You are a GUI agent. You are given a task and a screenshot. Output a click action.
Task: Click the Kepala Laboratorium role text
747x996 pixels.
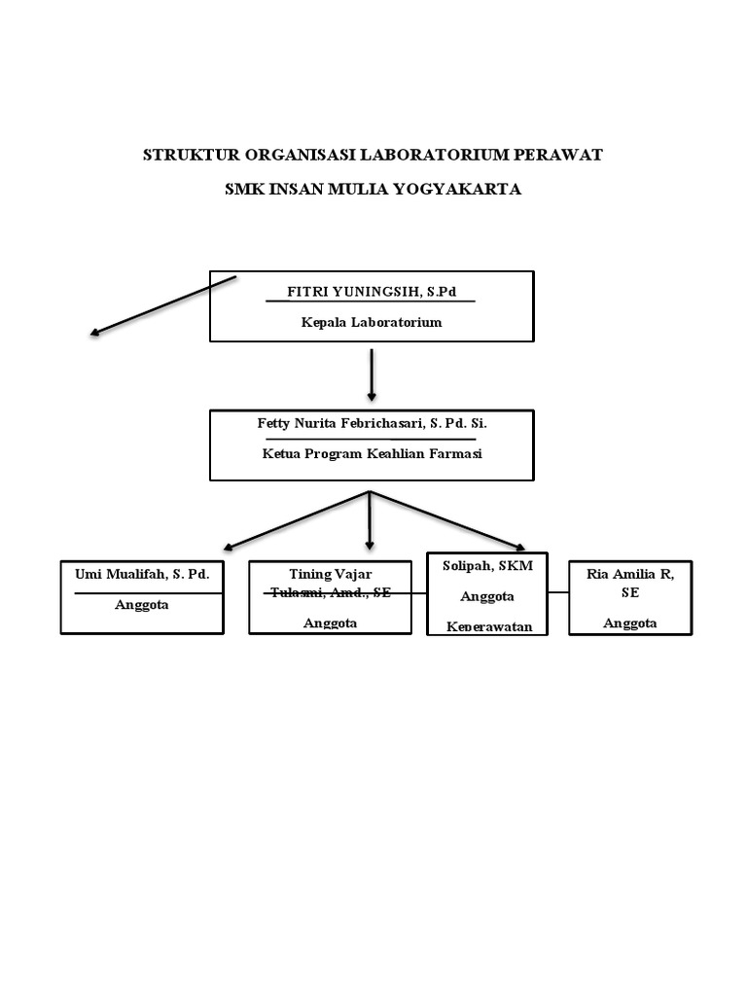click(x=372, y=322)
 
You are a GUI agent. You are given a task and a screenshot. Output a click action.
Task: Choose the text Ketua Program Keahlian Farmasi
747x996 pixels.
click(x=372, y=453)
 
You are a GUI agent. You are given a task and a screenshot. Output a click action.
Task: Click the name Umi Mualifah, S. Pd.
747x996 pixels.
click(x=143, y=574)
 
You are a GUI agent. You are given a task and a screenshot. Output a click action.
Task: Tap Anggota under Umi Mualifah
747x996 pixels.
click(x=142, y=604)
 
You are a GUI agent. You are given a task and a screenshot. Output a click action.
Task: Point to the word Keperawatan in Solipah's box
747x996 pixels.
click(x=488, y=626)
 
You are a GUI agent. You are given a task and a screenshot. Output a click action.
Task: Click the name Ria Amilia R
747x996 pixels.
click(x=629, y=574)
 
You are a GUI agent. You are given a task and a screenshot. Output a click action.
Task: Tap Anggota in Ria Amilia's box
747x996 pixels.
click(x=629, y=622)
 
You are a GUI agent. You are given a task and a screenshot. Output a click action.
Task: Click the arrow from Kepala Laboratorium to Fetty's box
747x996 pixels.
click(x=372, y=374)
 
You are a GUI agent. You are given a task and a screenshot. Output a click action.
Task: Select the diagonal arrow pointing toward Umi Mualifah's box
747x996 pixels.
click(x=296, y=521)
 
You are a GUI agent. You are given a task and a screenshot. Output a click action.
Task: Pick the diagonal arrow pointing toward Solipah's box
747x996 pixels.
click(x=447, y=521)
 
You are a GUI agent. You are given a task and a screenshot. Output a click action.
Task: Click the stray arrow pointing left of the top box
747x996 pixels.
click(x=162, y=306)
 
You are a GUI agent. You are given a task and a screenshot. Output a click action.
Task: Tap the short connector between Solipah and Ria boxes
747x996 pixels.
click(x=558, y=591)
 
